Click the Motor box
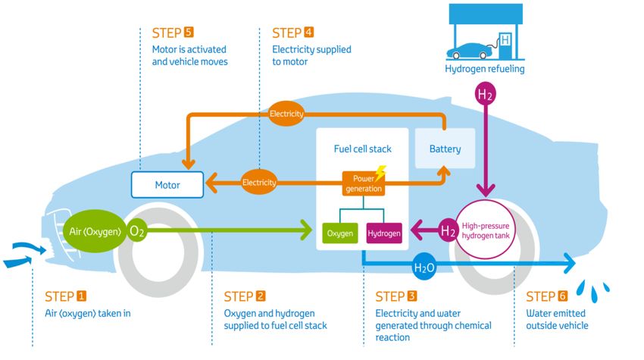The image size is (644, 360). pos(167,183)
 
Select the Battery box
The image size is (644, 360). pos(444,149)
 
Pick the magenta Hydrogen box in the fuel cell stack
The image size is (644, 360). pos(384,233)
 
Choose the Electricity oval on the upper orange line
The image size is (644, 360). pos(286,114)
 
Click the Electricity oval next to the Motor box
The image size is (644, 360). pos(259,183)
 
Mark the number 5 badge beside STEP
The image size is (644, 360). pos(189,33)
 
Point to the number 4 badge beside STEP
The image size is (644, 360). pos(308,33)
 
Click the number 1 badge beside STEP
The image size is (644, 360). pos(82,296)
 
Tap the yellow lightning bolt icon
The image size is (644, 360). pos(380,172)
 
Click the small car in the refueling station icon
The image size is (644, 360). pos(469,52)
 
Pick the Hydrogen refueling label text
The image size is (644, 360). pos(484,70)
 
